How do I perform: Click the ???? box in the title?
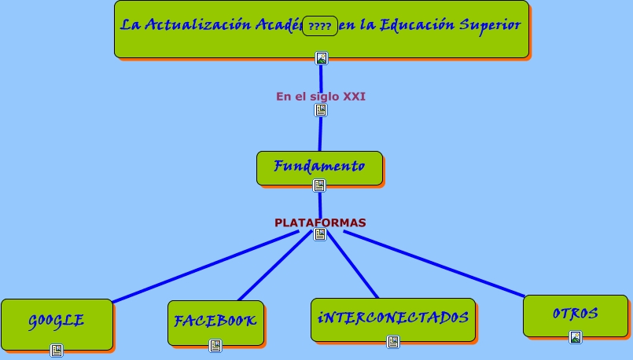[x=320, y=26]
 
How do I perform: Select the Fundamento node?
[x=319, y=167]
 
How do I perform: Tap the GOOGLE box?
[x=57, y=321]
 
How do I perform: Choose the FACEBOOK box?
[x=215, y=321]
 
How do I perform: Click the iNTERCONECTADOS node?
[x=392, y=318]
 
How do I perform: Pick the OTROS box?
[x=575, y=314]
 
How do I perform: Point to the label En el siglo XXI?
[x=321, y=97]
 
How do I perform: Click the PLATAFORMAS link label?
[x=320, y=222]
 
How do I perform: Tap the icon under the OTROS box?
[x=576, y=337]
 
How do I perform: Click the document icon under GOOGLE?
[x=57, y=351]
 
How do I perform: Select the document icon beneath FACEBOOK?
[x=215, y=346]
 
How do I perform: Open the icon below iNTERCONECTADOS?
[x=393, y=342]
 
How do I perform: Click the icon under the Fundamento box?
[x=319, y=186]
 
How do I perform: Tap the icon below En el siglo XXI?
[x=321, y=110]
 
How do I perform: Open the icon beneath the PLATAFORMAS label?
[x=320, y=234]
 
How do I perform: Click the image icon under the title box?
[x=321, y=57]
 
